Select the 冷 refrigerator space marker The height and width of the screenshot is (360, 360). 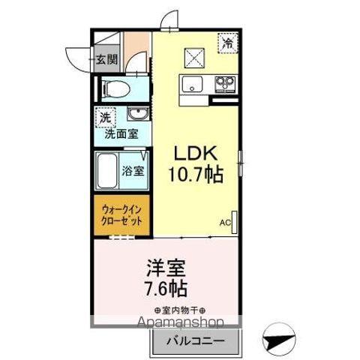[x=227, y=44]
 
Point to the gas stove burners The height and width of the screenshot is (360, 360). [x=224, y=82]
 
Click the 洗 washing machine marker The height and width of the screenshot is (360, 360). [x=106, y=118]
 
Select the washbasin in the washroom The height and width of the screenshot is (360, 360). [x=136, y=115]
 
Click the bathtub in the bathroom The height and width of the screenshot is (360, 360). [x=108, y=171]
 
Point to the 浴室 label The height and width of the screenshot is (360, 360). [x=133, y=170]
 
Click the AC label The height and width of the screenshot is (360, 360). [x=225, y=223]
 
